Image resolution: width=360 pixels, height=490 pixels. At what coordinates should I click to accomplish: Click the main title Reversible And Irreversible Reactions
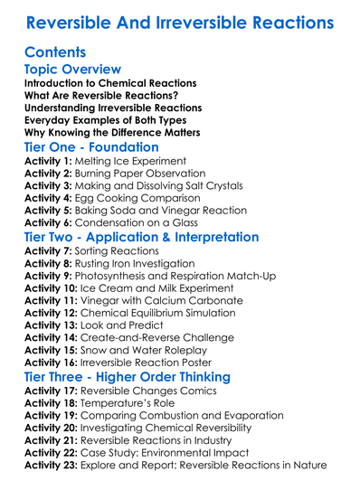click(180, 21)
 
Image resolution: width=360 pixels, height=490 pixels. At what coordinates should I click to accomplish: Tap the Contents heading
click(56, 52)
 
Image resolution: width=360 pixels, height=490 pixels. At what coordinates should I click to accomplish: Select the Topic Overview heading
click(72, 70)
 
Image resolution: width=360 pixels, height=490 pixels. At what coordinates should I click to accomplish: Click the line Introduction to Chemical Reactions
click(110, 83)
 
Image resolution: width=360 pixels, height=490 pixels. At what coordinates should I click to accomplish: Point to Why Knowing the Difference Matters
click(113, 133)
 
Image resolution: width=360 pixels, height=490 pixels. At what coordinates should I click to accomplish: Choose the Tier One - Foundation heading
click(91, 147)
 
